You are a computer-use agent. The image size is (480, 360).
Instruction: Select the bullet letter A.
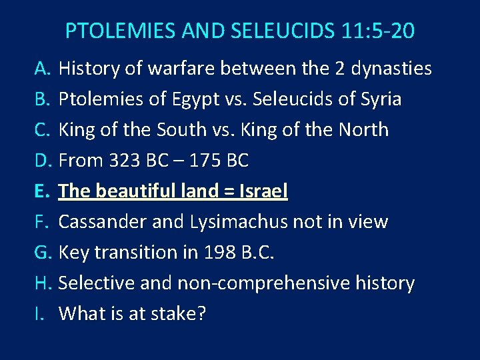coord(43,69)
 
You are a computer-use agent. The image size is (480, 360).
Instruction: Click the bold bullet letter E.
coord(42,191)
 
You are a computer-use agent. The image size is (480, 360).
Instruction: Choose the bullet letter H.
coord(43,283)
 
